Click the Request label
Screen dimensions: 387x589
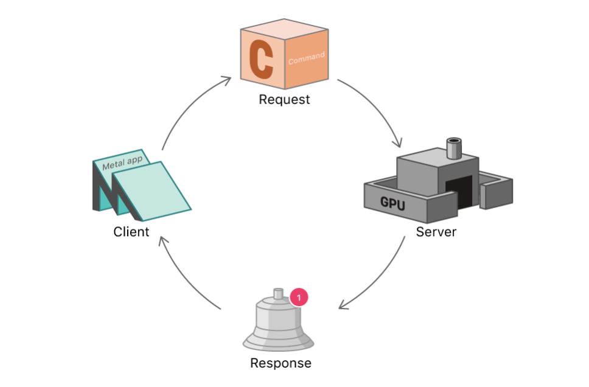284,100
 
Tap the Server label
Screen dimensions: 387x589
436,232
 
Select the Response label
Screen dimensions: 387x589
281,363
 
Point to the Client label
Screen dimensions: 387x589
131,232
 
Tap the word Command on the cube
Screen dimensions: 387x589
306,58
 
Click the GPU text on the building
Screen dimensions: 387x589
392,203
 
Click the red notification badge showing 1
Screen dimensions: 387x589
299,297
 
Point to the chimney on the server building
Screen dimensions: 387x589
454,147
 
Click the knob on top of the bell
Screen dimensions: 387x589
279,293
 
